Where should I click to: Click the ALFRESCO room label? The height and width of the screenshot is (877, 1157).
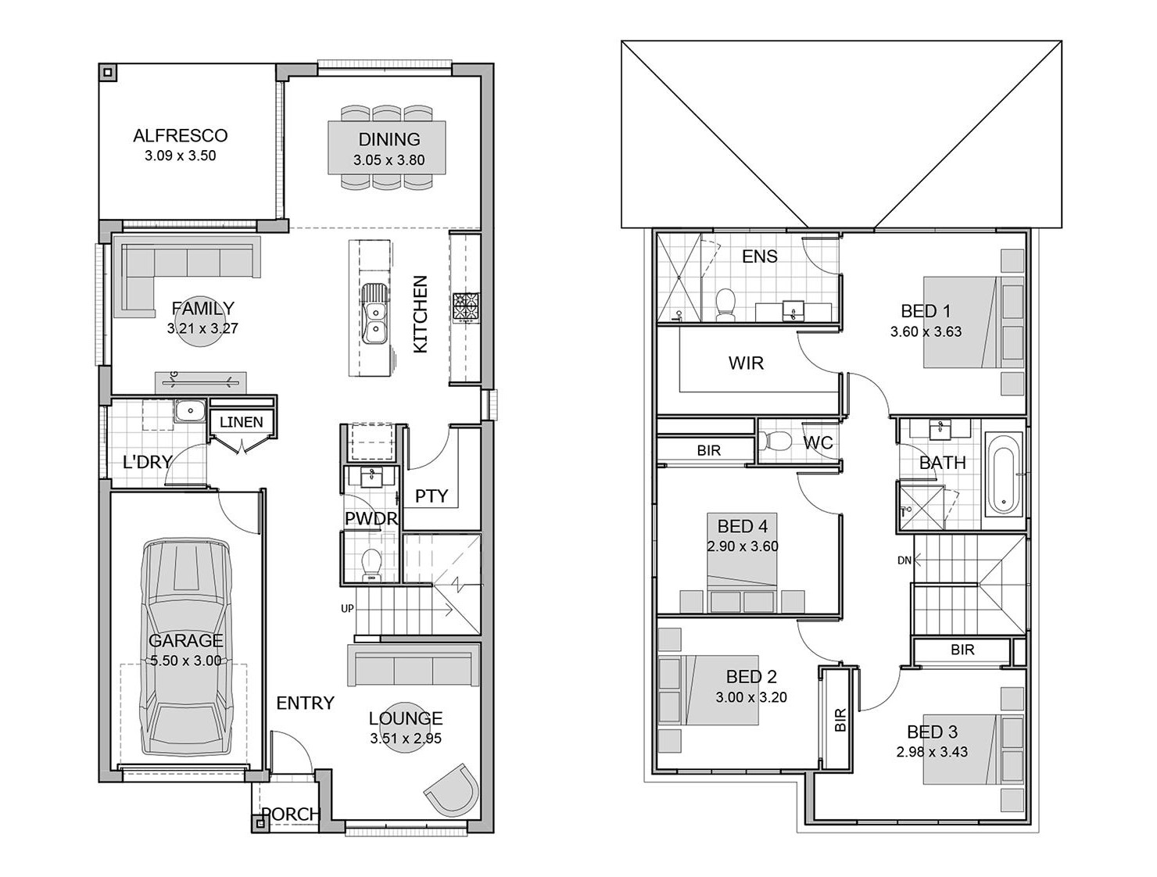click(x=180, y=135)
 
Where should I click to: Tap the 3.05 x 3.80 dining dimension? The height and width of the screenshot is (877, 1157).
click(x=389, y=159)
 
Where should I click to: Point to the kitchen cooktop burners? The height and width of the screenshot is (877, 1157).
click(x=465, y=307)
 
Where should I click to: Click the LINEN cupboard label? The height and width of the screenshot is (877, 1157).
click(x=242, y=421)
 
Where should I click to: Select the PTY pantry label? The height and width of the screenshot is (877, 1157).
click(x=431, y=496)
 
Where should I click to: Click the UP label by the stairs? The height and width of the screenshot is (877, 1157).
click(x=347, y=609)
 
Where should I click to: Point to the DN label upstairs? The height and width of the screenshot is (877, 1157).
click(x=904, y=560)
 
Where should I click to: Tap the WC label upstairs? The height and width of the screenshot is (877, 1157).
click(x=818, y=442)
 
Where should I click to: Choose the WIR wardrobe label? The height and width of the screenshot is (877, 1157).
click(x=746, y=363)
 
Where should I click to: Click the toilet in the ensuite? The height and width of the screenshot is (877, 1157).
click(x=725, y=304)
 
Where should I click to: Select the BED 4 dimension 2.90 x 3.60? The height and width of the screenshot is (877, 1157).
click(x=742, y=546)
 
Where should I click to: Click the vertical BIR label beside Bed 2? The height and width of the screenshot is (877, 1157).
click(x=840, y=719)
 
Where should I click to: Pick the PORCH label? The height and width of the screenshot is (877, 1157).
click(x=291, y=814)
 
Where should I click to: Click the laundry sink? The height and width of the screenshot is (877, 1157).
click(x=190, y=410)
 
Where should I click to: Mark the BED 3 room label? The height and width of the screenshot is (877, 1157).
click(x=932, y=732)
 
